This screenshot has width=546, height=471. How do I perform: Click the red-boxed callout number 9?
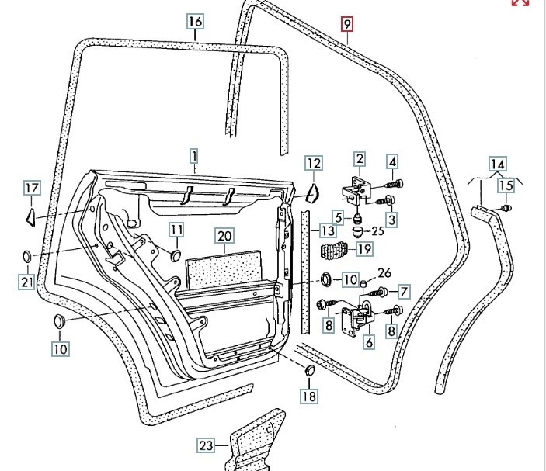pos(347,24)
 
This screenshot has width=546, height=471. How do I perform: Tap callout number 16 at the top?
pos(195,22)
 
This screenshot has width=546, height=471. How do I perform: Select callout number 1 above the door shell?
pos(194,157)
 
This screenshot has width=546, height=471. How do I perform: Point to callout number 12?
pos(312,164)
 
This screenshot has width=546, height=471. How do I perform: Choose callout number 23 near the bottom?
pos(205,446)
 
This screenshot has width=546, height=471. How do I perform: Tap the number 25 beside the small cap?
pos(377,231)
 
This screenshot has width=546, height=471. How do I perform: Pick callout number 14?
pos(497,164)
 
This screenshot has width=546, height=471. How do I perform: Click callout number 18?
pos(309,397)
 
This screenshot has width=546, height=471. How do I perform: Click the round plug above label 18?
pos(308,370)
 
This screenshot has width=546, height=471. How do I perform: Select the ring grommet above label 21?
pos(26,257)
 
